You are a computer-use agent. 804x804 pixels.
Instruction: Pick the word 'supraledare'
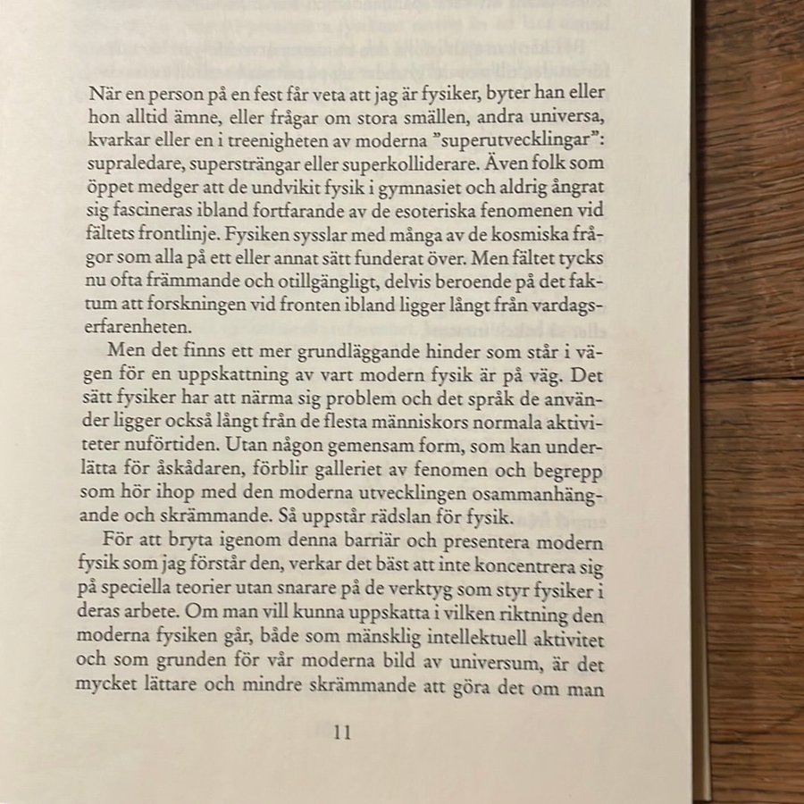(134, 164)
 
